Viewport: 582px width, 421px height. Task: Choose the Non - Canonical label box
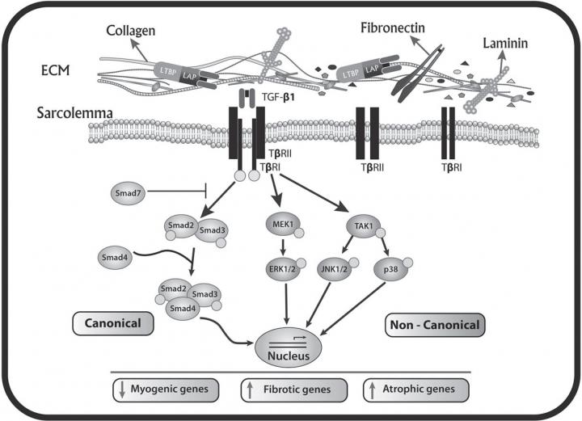click(433, 325)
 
